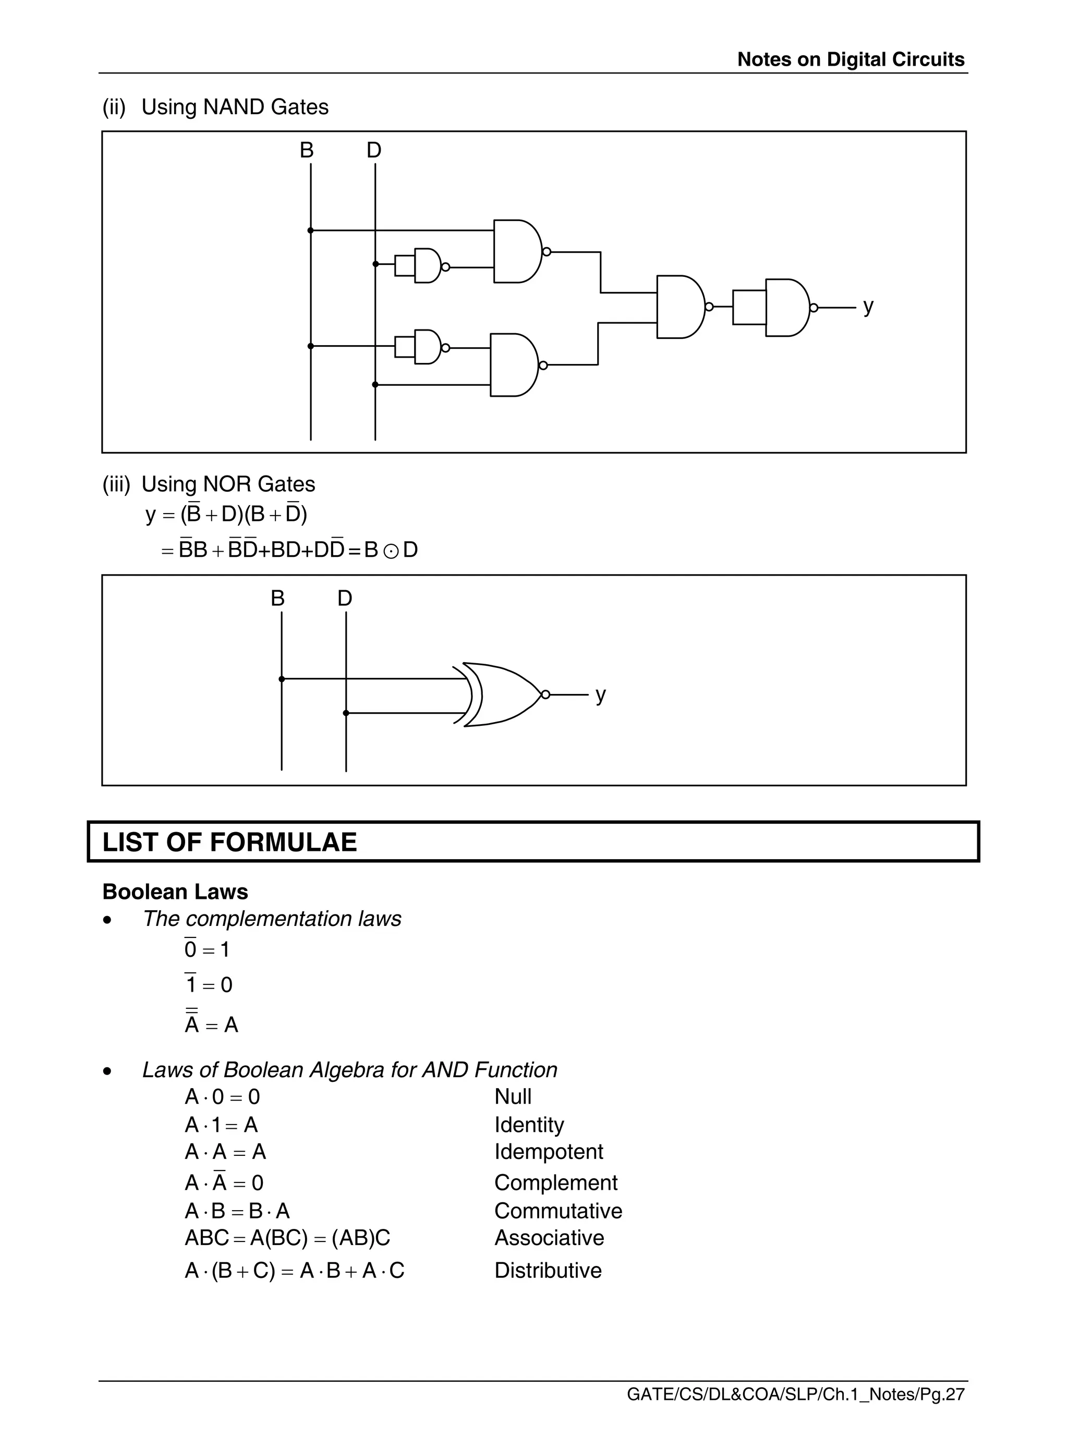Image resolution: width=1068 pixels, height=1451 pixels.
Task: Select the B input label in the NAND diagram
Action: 307,151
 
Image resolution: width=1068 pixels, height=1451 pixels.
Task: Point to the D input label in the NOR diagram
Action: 345,599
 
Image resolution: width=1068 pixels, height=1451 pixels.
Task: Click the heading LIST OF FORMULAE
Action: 229,842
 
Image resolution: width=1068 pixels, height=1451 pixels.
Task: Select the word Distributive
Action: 548,1271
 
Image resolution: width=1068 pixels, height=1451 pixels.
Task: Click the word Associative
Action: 549,1238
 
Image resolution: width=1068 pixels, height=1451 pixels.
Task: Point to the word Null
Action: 513,1097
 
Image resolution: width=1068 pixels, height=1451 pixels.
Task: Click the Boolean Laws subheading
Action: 175,892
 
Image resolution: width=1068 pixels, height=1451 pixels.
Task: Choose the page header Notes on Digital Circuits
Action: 850,59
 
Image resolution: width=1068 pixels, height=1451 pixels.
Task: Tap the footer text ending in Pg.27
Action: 795,1395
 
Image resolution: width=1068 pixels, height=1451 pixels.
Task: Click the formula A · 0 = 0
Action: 222,1097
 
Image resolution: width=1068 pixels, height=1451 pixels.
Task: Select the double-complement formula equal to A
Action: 211,1025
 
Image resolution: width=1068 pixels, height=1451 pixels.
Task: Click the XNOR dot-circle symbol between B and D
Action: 391,551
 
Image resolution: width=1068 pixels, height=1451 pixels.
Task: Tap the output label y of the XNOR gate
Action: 601,695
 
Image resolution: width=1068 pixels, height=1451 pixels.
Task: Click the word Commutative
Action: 558,1211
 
